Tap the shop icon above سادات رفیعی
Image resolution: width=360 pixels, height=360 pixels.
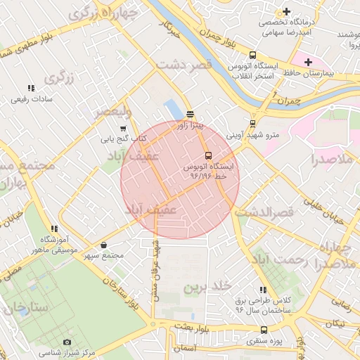pyautogui.click(x=30, y=88)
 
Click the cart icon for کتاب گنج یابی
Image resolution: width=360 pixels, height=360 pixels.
pyautogui.click(x=124, y=129)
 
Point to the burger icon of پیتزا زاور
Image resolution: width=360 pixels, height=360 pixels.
pyautogui.click(x=190, y=114)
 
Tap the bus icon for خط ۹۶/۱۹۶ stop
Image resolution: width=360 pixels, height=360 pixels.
pyautogui.click(x=208, y=155)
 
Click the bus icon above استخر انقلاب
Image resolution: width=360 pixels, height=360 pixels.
pyautogui.click(x=252, y=56)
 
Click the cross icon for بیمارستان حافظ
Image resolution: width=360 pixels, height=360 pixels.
pyautogui.click(x=308, y=62)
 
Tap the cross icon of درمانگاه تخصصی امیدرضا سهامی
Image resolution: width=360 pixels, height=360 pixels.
pyautogui.click(x=286, y=12)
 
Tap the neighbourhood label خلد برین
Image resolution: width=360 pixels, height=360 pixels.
pyautogui.click(x=207, y=287)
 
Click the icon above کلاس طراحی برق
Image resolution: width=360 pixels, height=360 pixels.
pyautogui.click(x=263, y=290)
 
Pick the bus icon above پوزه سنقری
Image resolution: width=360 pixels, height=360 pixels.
pyautogui.click(x=264, y=330)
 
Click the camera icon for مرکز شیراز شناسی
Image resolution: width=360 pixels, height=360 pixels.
pyautogui.click(x=67, y=342)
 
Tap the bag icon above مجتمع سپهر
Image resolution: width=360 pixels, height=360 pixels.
pyautogui.click(x=104, y=245)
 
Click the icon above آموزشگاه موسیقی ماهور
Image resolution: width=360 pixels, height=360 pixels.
pyautogui.click(x=53, y=229)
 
